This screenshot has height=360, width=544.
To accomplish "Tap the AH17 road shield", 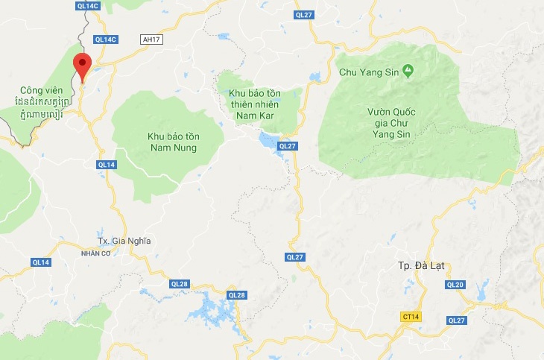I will coord(151,39).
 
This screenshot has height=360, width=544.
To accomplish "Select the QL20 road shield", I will coord(455,285).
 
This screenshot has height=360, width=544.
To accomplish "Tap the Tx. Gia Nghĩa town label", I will coord(124,240).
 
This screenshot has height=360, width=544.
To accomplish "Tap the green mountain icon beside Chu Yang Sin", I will coord(408,72).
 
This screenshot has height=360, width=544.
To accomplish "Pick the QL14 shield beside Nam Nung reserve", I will coord(107,164).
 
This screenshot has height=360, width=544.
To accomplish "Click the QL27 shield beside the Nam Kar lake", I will coord(287,146).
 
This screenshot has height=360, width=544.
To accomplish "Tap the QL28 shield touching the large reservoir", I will coord(236,295).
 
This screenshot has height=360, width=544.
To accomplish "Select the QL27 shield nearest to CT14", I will coord(456,320).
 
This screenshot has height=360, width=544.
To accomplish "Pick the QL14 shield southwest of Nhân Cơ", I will coord(41,262).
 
